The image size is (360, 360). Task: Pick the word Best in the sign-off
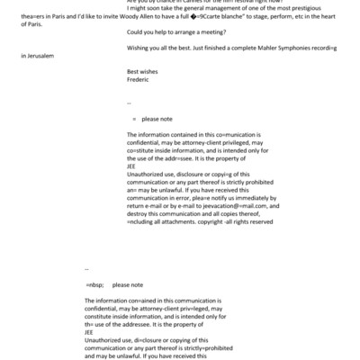tap(135, 71)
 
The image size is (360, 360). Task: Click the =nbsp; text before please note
tap(95, 283)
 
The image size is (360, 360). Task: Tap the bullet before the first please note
tap(133, 118)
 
